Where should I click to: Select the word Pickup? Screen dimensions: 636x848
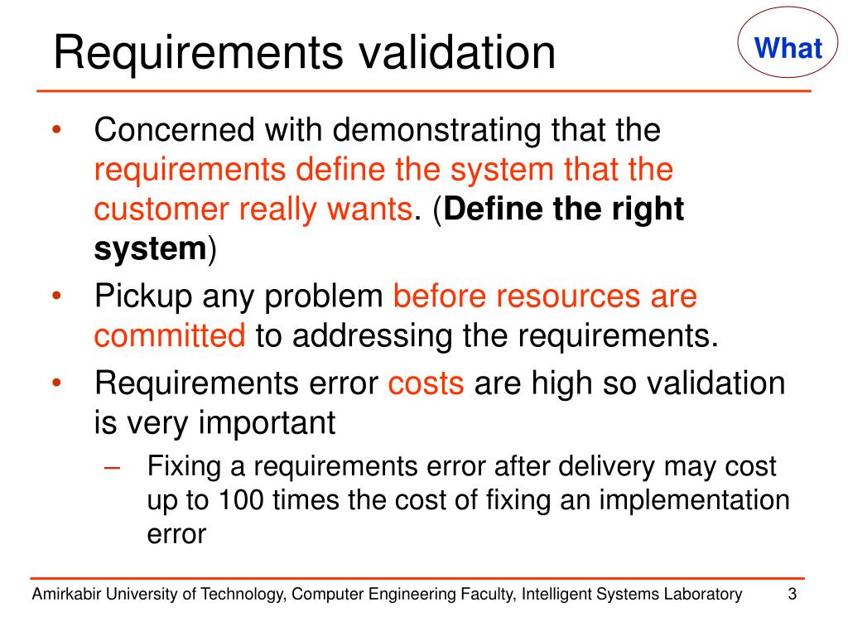pyautogui.click(x=143, y=296)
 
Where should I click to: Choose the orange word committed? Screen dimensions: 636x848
pyautogui.click(x=170, y=335)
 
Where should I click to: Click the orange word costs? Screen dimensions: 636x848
pyautogui.click(x=426, y=383)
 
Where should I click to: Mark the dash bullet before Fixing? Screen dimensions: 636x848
pyautogui.click(x=114, y=466)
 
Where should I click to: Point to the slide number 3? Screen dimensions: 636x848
pyautogui.click(x=793, y=594)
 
